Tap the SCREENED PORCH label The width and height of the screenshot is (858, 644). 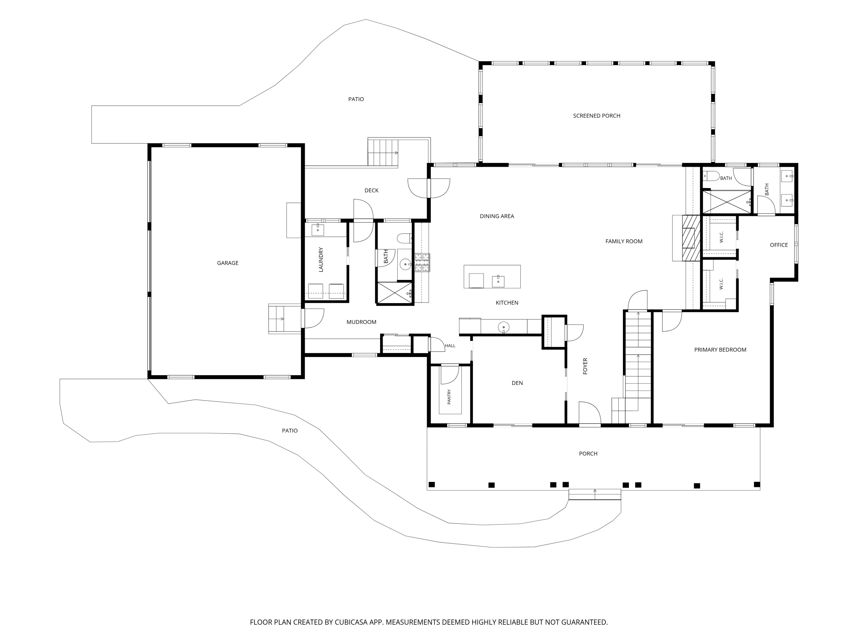point(597,116)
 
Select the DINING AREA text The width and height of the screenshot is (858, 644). point(497,216)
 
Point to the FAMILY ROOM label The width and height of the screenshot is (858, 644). point(624,242)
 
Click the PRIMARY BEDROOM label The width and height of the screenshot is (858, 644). point(720,350)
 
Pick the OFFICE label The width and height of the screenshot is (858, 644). point(779,245)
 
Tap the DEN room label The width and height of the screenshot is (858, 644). point(517,383)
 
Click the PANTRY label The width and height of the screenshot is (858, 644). point(449,397)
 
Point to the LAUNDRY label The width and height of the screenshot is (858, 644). point(321,260)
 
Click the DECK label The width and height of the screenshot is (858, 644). point(371,191)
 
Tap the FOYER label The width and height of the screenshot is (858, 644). point(585,366)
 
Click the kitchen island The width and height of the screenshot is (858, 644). point(492,276)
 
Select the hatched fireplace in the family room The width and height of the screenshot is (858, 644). point(691,238)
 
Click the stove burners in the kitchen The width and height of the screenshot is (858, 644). point(422,262)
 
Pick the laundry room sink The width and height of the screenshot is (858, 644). point(318,230)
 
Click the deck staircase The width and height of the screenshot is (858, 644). point(383,153)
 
